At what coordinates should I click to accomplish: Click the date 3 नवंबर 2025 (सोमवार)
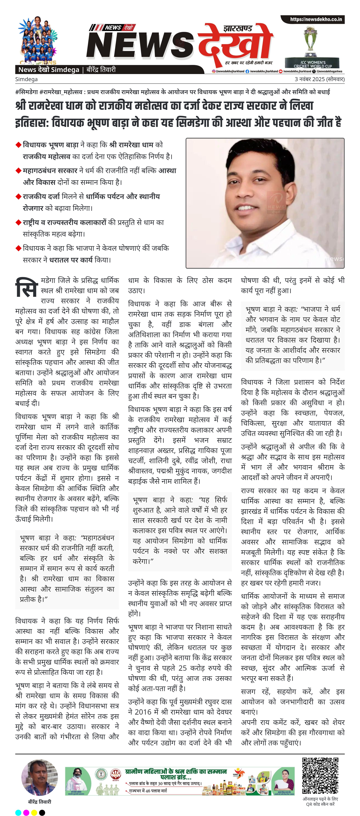click(x=319, y=79)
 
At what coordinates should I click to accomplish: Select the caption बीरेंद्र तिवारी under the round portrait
click(x=40, y=801)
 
